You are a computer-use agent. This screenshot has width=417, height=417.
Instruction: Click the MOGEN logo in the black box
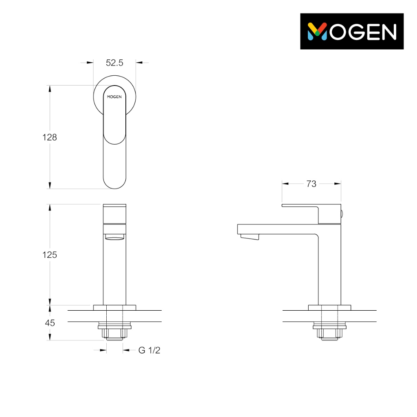(352, 31)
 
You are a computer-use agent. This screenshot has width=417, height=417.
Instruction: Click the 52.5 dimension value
(114, 63)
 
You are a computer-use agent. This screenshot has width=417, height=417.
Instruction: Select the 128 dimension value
(50, 137)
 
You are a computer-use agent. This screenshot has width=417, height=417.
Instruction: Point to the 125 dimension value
(50, 255)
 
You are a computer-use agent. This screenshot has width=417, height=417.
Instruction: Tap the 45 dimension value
(50, 323)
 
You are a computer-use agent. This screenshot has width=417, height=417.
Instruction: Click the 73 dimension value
(312, 184)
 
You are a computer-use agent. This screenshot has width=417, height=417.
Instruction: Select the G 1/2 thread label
(149, 350)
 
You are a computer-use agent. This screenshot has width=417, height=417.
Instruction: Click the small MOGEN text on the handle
(114, 97)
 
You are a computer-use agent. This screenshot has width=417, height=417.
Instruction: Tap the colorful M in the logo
(317, 32)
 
